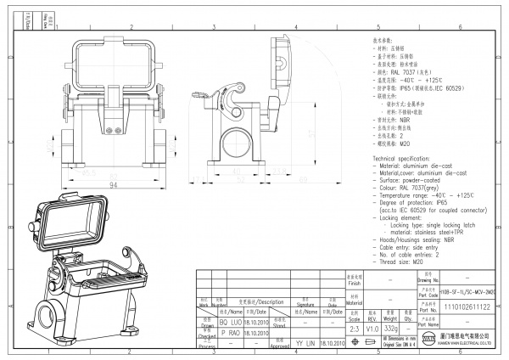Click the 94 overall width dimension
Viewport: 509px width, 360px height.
112,184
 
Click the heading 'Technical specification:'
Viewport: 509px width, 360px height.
404,159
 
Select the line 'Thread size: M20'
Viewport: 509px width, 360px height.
402,262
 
